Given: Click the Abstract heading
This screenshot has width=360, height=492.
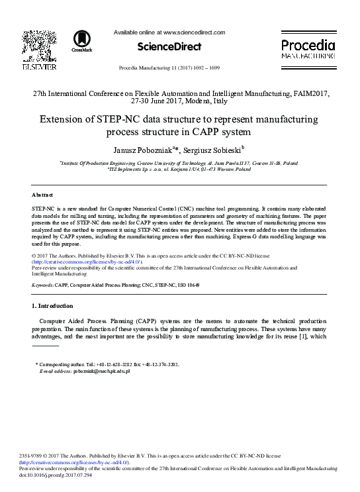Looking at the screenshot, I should [x=42, y=195].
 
